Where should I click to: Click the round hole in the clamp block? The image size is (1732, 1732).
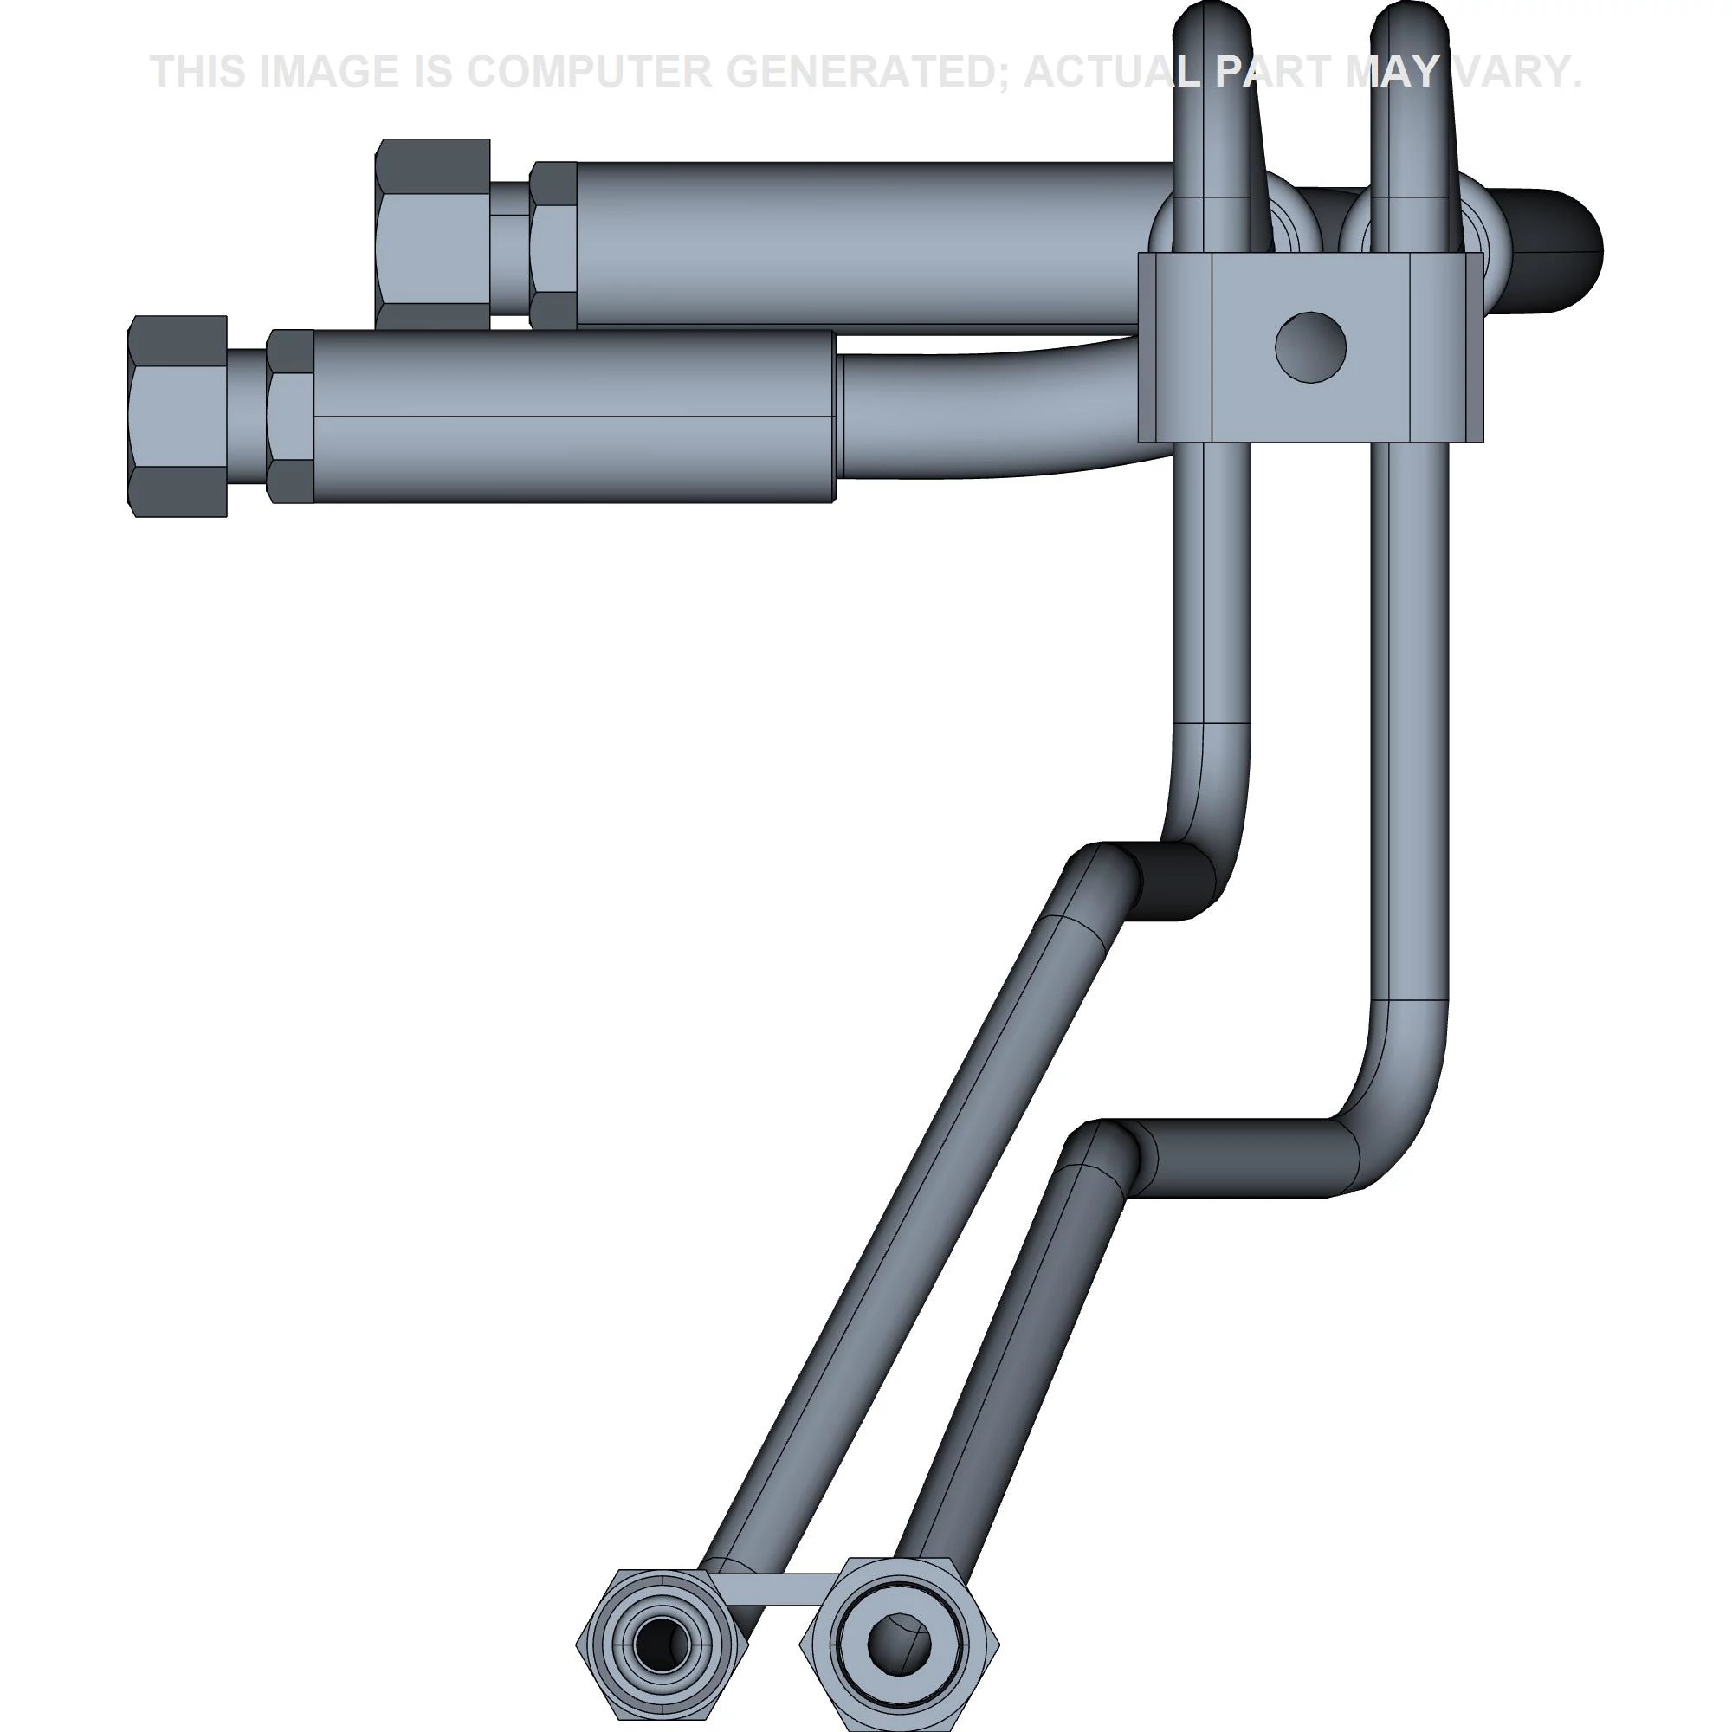click(x=1309, y=347)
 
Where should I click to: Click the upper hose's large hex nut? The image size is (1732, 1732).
click(x=433, y=234)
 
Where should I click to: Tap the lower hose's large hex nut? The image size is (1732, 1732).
click(x=178, y=416)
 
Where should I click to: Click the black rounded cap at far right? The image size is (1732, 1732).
click(x=1555, y=250)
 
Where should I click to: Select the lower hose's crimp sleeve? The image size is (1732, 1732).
click(x=574, y=416)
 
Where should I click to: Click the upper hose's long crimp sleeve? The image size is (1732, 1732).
click(x=869, y=242)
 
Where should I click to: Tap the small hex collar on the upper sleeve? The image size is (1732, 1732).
click(x=553, y=244)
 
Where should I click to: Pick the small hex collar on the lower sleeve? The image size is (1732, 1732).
click(x=290, y=416)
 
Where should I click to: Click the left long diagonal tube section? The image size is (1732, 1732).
click(x=906, y=1255)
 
